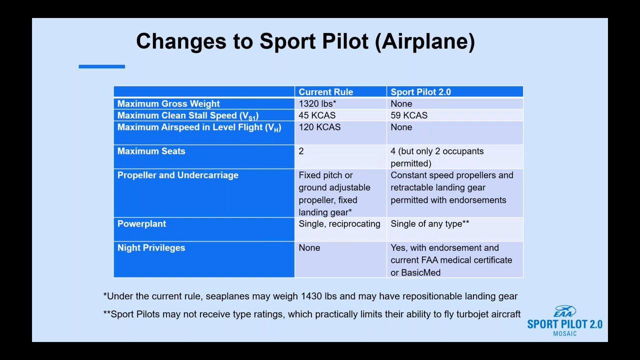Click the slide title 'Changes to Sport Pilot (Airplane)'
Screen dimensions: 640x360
tap(305, 41)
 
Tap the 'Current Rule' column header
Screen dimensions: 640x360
tap(325, 92)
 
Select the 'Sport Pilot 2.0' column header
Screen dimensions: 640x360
tap(420, 92)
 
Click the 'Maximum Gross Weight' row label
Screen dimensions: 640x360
tap(168, 103)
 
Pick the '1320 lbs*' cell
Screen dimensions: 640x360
tap(317, 103)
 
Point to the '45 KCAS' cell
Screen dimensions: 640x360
tap(317, 115)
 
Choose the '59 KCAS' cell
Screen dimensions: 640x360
tap(409, 115)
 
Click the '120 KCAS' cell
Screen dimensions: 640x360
tap(319, 127)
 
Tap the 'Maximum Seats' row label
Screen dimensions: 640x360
tap(151, 151)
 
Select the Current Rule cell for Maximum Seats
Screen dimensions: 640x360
tap(301, 151)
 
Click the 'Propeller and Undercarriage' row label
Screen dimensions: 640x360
tap(177, 175)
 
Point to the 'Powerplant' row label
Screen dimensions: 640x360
tap(141, 223)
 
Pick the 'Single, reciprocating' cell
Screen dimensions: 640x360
tap(339, 224)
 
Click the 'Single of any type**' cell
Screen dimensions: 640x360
tap(429, 224)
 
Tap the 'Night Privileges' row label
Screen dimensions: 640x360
tap(151, 247)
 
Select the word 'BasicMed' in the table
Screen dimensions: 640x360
tap(421, 272)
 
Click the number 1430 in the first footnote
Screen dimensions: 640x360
tap(311, 296)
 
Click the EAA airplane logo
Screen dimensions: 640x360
tap(564, 311)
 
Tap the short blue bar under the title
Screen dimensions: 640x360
tap(101, 66)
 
